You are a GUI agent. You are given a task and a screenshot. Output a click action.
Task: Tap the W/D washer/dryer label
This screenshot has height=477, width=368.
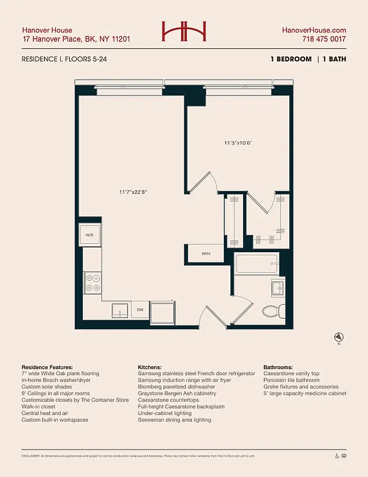pos(90,235)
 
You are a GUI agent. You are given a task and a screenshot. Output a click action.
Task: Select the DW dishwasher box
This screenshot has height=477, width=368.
pos(139,310)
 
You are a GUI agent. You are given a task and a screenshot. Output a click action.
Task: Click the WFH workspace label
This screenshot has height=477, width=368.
pos(205,253)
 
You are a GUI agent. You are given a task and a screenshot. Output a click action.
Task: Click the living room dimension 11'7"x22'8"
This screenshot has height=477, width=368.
pos(132,192)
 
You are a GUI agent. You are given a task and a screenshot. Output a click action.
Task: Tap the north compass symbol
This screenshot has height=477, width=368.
pos(339,337)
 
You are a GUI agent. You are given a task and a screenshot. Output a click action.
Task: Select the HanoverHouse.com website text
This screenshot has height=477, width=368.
pos(314,30)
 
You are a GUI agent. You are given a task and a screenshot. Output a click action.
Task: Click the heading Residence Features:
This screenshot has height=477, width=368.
pos(47,367)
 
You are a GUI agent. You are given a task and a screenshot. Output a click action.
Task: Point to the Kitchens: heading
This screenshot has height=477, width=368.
pos(151,367)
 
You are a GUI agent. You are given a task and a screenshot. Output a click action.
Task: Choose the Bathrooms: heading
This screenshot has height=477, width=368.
pos(281,367)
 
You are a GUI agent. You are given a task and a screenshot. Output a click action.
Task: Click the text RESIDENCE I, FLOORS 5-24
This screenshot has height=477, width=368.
pos(64,60)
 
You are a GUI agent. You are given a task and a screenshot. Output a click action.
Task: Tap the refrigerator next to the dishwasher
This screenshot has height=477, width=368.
pos(163,312)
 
